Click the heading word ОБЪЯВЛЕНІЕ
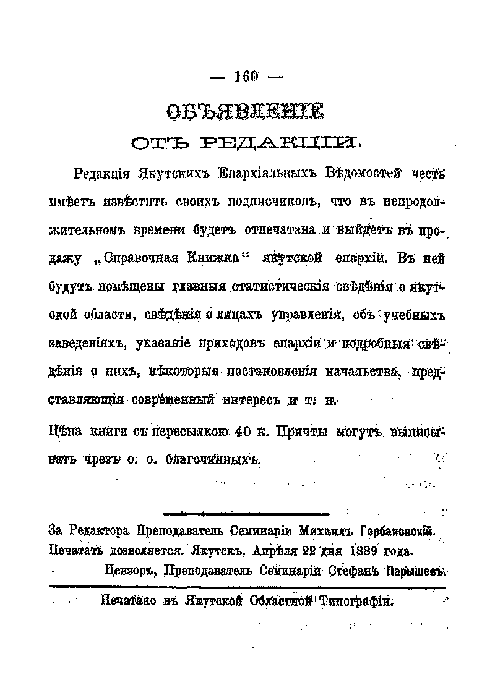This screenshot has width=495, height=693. [245, 113]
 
